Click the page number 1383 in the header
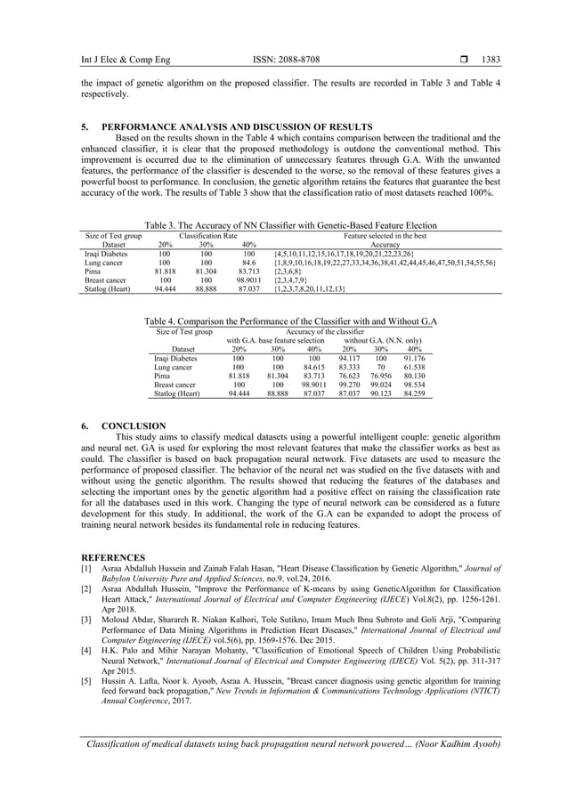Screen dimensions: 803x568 click(x=490, y=60)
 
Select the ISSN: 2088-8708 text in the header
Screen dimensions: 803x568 click(x=284, y=60)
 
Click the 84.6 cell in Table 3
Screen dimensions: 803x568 click(x=249, y=263)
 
